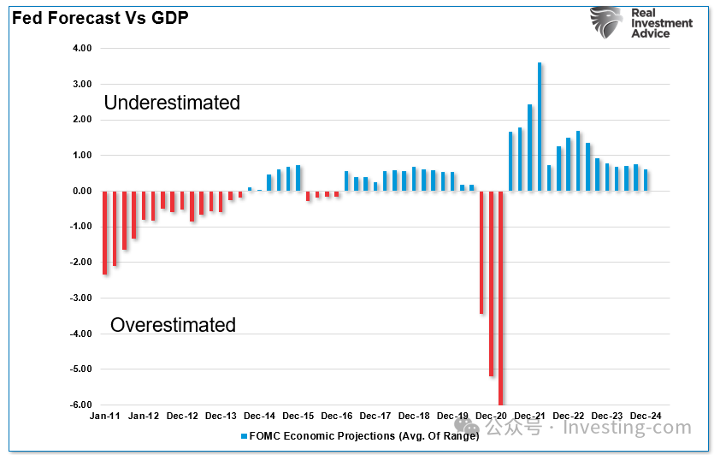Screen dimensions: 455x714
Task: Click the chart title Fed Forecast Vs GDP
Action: pos(100,16)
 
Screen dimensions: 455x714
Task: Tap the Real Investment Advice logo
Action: pos(641,24)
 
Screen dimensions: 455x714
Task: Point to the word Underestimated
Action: pos(172,103)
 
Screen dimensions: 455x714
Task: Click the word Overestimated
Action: pos(173,325)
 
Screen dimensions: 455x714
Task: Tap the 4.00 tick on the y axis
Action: pos(82,49)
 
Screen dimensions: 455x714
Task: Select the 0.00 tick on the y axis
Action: pos(82,191)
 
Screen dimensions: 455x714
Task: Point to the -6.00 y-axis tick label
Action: pos(80,405)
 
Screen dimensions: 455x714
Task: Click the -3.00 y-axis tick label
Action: pos(80,298)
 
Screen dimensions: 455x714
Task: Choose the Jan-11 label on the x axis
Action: pos(105,416)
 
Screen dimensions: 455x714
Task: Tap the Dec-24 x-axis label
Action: pos(646,416)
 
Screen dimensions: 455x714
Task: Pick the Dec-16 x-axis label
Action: pos(337,416)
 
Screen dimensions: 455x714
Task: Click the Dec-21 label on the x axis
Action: pos(530,416)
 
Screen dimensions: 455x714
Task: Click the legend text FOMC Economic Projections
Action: pos(359,436)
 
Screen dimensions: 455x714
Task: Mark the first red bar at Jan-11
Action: pos(105,233)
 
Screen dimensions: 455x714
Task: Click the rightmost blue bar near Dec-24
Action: pos(646,180)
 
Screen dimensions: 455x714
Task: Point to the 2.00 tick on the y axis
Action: pos(82,120)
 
